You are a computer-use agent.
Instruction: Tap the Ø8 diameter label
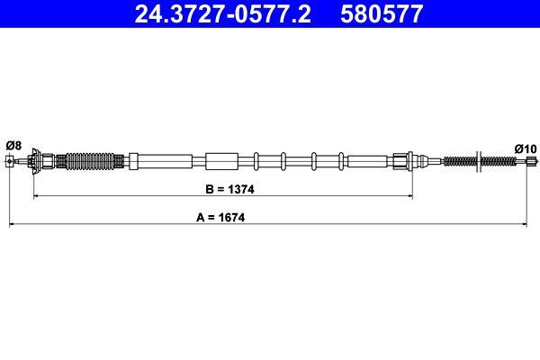(13, 145)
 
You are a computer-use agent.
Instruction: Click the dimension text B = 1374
(222, 191)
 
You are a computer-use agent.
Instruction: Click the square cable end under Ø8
(10, 162)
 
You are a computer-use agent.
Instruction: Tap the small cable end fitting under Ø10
(529, 162)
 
